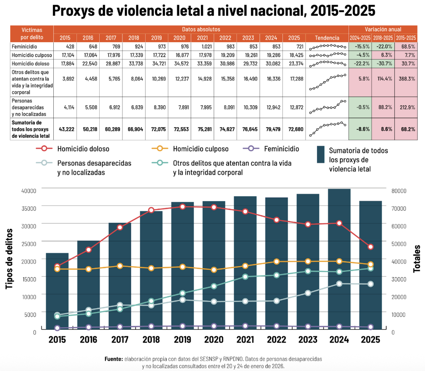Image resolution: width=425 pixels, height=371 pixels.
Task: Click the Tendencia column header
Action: tap(327, 38)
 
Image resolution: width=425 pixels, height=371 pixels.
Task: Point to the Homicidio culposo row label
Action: tap(32, 55)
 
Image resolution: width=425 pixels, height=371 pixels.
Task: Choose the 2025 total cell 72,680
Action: tap(295, 129)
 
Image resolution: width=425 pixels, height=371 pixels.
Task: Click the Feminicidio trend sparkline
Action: tap(327, 47)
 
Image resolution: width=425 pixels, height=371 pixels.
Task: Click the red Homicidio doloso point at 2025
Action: tap(371, 247)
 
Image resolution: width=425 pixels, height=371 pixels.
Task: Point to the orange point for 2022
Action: tap(277, 262)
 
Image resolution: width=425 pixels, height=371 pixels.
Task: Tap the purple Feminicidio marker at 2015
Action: tap(57, 328)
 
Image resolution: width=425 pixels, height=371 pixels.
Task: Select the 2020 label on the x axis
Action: tap(214, 340)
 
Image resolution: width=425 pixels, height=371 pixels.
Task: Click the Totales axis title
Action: tap(417, 259)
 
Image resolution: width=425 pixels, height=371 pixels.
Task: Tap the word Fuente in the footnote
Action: tap(113, 359)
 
